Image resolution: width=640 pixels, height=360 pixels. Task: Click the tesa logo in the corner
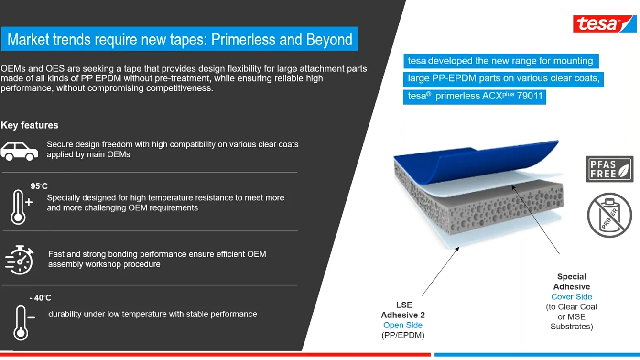point(605,23)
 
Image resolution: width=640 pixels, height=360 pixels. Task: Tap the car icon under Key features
point(20,151)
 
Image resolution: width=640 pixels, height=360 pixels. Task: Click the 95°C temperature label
point(39,186)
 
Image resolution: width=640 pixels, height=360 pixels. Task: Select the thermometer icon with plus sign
point(21,207)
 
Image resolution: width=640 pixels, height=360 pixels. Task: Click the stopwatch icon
point(20,260)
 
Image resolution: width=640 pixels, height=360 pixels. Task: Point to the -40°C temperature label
point(40,298)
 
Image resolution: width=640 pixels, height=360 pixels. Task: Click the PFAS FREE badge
point(609,169)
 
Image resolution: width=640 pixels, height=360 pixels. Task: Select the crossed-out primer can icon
point(609,215)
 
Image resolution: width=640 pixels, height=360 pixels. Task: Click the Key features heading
point(30,125)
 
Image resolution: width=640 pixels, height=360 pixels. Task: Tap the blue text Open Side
point(402,325)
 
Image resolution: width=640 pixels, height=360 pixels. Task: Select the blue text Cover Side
point(571,297)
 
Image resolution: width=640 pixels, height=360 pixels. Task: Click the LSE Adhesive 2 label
point(403,310)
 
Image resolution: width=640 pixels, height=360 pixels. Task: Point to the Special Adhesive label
point(571,282)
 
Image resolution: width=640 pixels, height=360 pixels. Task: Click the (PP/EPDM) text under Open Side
point(402,335)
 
